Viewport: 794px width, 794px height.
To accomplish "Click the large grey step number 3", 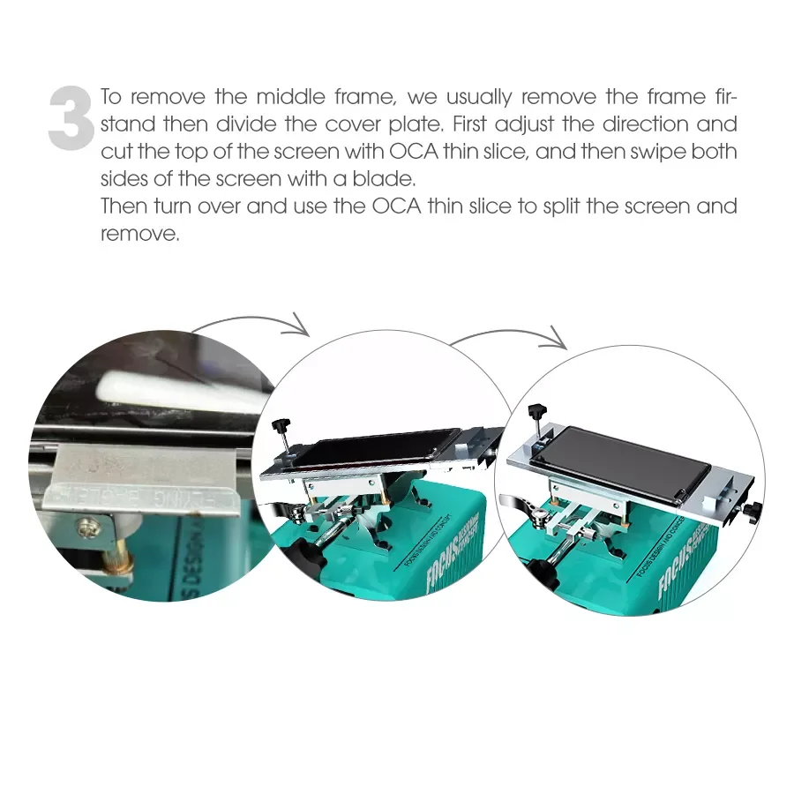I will tap(70, 117).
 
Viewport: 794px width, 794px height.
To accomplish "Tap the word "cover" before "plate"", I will tap(343, 124).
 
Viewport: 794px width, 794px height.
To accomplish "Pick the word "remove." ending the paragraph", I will tap(140, 236).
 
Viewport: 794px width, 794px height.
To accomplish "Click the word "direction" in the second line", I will tap(624, 124).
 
